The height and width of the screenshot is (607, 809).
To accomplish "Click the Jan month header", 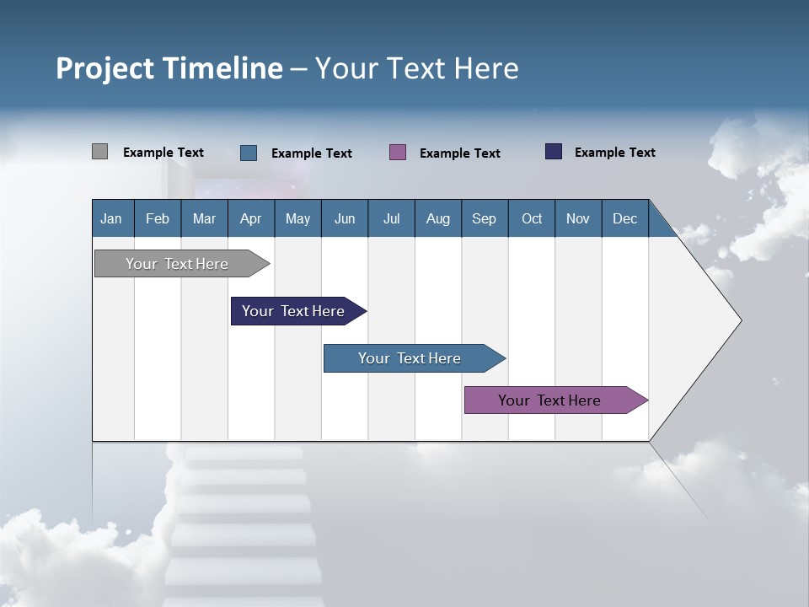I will point(111,218).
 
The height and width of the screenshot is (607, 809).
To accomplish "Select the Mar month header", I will point(204,218).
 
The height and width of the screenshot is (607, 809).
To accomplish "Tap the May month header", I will point(297,218).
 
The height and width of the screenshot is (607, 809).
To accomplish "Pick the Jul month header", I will point(391,218).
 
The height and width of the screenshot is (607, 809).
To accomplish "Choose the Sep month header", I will point(484,218).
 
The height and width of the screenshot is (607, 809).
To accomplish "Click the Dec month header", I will point(624,218).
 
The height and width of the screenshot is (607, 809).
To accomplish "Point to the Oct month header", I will point(532,218).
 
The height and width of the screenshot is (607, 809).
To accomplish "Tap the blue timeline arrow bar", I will point(411,358).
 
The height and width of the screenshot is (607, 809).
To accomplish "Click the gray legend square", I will point(99,152).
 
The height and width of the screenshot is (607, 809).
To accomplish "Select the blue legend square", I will point(249,153).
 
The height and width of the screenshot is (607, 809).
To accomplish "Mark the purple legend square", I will point(398,153).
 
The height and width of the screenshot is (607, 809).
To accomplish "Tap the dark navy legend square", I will point(554,152).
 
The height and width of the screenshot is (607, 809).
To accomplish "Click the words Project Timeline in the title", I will point(169,68).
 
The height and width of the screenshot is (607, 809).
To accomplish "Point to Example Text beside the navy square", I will point(614,153).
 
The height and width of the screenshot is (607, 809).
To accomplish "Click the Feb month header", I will point(158,218).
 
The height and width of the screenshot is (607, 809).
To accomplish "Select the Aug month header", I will point(437,218).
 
